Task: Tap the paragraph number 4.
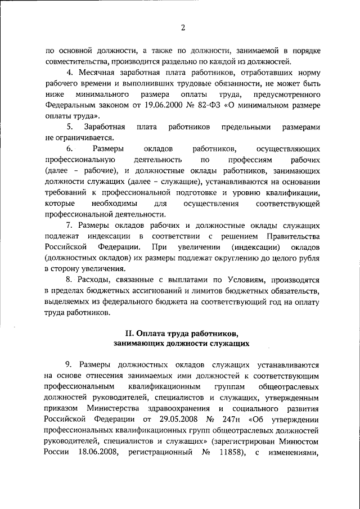tap(69, 73)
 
